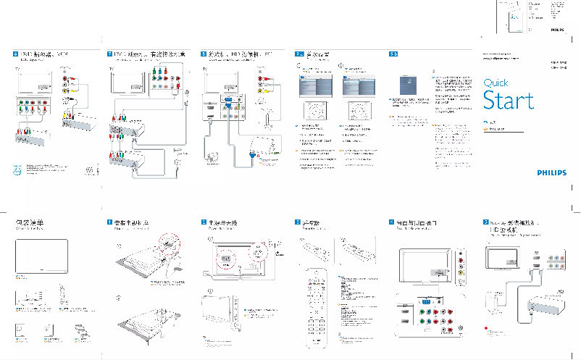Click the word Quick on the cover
pyautogui.click(x=496, y=83)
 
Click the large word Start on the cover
pyautogui.click(x=509, y=100)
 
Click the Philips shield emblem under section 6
pyautogui.click(x=19, y=172)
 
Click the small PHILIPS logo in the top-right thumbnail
pyautogui.click(x=555, y=30)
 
